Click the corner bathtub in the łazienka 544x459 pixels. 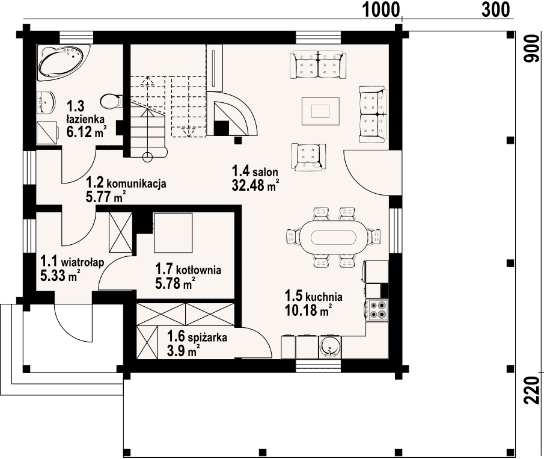pos(63,63)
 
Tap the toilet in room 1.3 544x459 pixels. pos(111,102)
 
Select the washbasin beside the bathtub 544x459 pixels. pos(46,102)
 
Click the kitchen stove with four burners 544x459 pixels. pos(377,310)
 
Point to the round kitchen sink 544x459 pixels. pos(329,347)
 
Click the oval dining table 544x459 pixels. pos(333,238)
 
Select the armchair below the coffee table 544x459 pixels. pos(308,157)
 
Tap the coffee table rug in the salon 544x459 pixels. pos(320,111)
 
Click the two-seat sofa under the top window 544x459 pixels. pos(319,64)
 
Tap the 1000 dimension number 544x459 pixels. pos(381,10)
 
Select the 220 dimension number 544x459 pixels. pos(531,390)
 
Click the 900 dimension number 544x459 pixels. pos(531,49)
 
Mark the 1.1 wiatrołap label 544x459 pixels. pos(72,261)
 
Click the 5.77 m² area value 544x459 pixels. pos(105,197)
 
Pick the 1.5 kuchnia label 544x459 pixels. pos(313,296)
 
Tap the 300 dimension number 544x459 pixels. pos(496,10)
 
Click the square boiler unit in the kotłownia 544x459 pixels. pos(173,233)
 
